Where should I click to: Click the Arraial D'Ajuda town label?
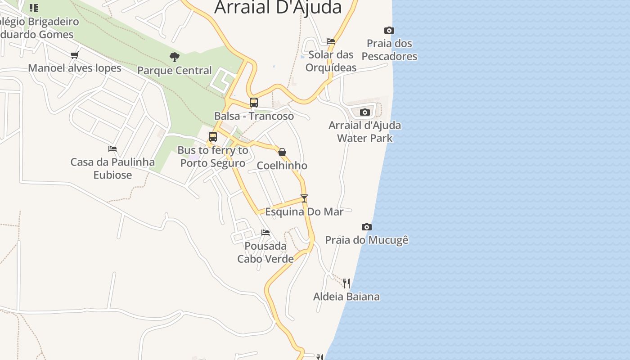click(x=278, y=7)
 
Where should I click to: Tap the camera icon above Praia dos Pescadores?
click(x=389, y=31)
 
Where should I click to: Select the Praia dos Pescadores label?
click(x=389, y=50)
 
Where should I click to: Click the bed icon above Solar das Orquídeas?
click(x=331, y=41)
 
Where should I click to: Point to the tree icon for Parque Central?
click(x=175, y=57)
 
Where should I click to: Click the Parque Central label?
click(x=175, y=71)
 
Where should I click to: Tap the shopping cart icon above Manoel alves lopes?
click(x=75, y=55)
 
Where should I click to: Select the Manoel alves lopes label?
click(x=75, y=68)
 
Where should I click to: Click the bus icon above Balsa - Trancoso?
click(x=254, y=103)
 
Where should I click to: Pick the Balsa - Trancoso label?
click(x=254, y=116)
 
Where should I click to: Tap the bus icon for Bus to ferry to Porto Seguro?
click(x=213, y=137)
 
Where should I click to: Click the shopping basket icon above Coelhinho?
click(x=282, y=153)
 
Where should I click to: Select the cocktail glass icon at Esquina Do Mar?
click(x=304, y=198)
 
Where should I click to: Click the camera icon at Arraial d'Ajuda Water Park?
click(x=365, y=112)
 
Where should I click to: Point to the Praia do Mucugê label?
click(x=367, y=240)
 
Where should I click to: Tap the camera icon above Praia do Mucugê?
click(x=367, y=227)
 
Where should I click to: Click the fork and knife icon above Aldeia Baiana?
click(x=346, y=283)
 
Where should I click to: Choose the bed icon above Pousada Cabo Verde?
click(x=265, y=233)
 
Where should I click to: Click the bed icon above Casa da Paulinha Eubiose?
click(x=112, y=149)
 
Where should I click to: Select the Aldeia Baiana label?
click(x=346, y=297)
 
